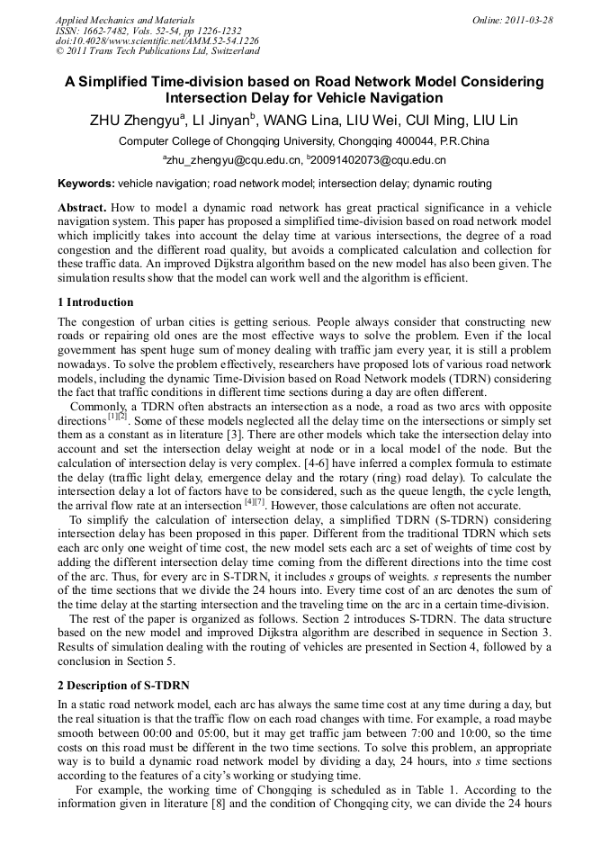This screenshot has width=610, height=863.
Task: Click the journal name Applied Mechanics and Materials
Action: (x=125, y=19)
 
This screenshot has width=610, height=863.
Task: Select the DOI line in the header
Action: (x=157, y=40)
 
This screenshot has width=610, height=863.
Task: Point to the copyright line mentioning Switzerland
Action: (x=157, y=51)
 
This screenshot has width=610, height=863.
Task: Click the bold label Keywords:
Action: (x=86, y=184)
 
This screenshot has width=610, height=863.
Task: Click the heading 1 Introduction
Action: (x=95, y=302)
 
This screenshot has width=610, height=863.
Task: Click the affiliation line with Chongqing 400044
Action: (x=304, y=142)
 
